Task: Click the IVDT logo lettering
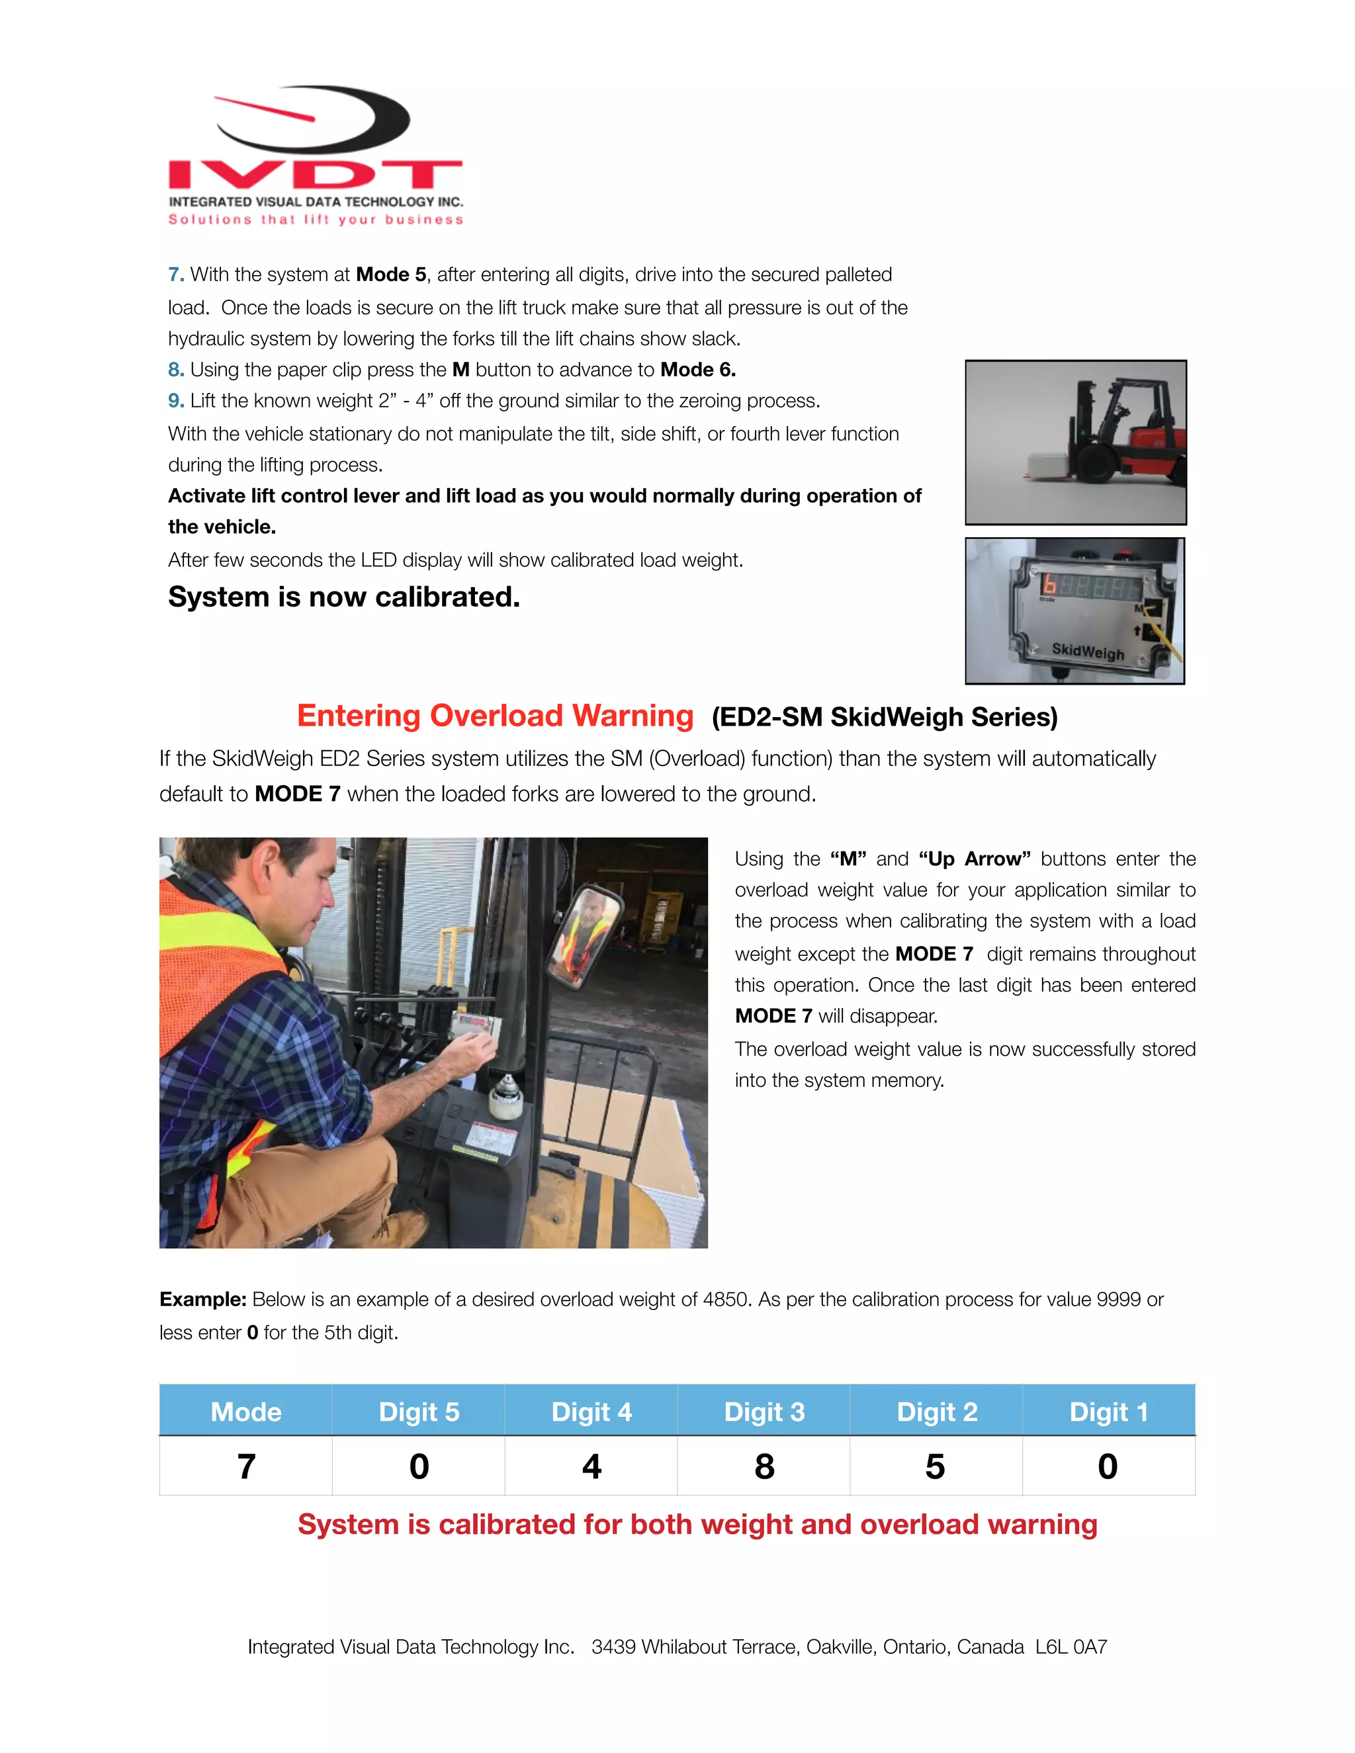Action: coord(315,174)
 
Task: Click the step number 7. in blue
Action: coord(176,275)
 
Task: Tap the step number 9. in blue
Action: coord(176,400)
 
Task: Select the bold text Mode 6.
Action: coord(697,369)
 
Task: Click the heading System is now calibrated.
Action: coord(343,597)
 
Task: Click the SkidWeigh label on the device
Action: coord(1088,651)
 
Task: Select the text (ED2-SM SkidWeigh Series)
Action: coord(884,717)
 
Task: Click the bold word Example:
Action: coord(202,1299)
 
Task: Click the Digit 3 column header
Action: coord(764,1412)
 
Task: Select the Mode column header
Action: coord(245,1412)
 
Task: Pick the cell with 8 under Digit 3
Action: coord(764,1467)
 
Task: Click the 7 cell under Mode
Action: coord(245,1467)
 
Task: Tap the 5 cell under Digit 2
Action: coord(935,1467)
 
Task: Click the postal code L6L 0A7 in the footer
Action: coord(1071,1647)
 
